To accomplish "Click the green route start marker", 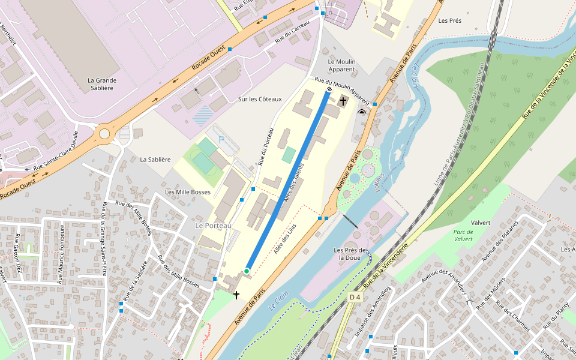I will click(247, 271).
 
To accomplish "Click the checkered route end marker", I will click(329, 89).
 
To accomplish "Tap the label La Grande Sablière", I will click(101, 84).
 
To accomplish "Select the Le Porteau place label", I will click(213, 225).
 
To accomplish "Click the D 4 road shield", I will click(355, 297).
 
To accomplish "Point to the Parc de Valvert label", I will click(463, 235).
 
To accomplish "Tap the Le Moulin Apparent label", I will click(341, 65).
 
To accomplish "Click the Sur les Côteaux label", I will click(259, 99).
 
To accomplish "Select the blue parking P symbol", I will click(221, 139).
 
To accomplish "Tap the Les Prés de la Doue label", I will click(351, 254).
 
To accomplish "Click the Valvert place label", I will click(481, 223).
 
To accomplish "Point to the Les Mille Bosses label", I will click(188, 192).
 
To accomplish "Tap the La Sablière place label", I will click(155, 160).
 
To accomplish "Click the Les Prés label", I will click(449, 20).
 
